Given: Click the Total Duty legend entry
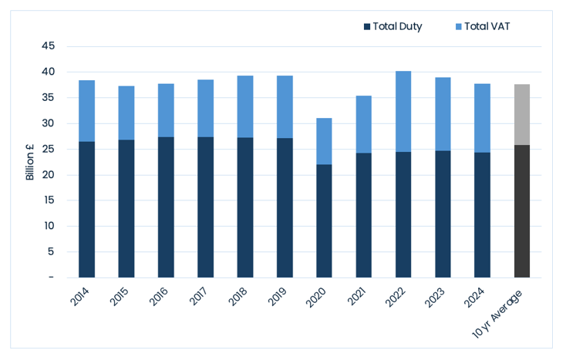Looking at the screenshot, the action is coord(392,26).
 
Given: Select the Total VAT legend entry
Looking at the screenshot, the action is coord(483,26).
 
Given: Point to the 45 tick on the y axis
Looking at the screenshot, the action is coord(49,45).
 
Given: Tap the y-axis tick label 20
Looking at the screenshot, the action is coord(49,174).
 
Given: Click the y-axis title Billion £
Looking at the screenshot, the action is coord(29,162).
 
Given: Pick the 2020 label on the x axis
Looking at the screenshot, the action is coord(316,298).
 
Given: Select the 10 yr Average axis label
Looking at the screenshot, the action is coord(497,315).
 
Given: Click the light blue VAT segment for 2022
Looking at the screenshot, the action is coord(403,112).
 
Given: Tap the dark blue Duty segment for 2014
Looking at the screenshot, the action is coord(86,210).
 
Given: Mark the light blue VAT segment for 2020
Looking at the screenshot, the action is coord(324,141).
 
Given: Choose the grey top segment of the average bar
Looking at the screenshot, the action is coord(522,115).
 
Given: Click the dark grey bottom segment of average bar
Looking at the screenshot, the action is coord(522,211).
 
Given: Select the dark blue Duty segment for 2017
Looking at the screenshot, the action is coord(205,207).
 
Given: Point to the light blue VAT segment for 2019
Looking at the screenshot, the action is coord(285,107).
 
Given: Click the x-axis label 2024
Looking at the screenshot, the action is coord(474,298).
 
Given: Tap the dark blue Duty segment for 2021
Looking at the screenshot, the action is coord(363,215).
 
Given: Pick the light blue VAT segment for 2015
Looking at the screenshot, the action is coord(126,113).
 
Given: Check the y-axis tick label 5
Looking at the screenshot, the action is coord(51,251).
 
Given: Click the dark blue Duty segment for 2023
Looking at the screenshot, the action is coord(443,214).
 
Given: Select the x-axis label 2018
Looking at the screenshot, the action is coord(237,298).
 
